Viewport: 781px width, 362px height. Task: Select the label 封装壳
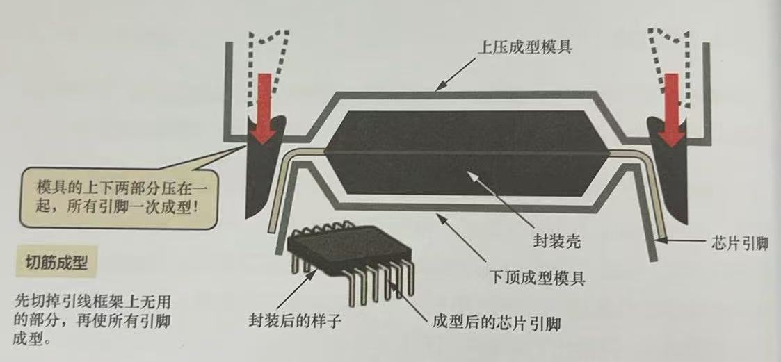553,243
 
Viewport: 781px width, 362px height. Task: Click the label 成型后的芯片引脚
497,323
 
